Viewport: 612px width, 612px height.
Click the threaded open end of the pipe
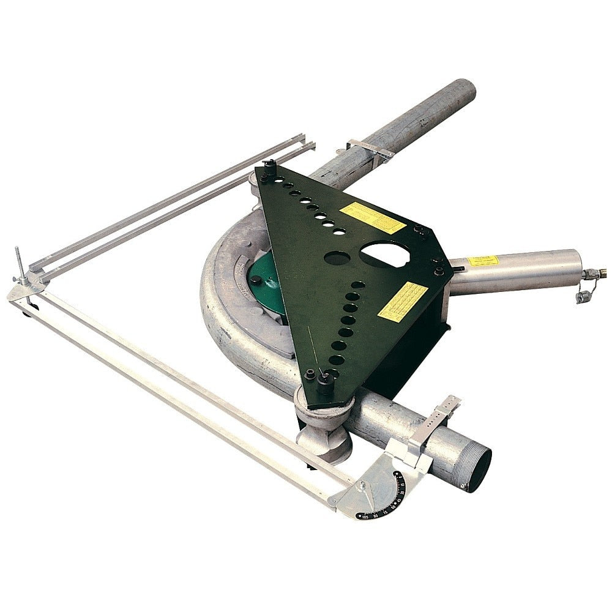[x=474, y=469]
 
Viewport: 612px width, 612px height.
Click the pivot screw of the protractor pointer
[x=362, y=485]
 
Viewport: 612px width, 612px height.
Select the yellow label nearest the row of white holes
[x=373, y=217]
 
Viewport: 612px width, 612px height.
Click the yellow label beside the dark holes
[x=402, y=301]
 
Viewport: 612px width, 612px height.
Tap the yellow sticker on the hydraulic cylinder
[x=483, y=261]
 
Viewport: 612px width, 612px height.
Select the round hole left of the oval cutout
[x=337, y=258]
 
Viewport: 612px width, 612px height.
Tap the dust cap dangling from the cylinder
[x=582, y=296]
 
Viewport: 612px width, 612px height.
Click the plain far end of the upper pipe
[x=461, y=92]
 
